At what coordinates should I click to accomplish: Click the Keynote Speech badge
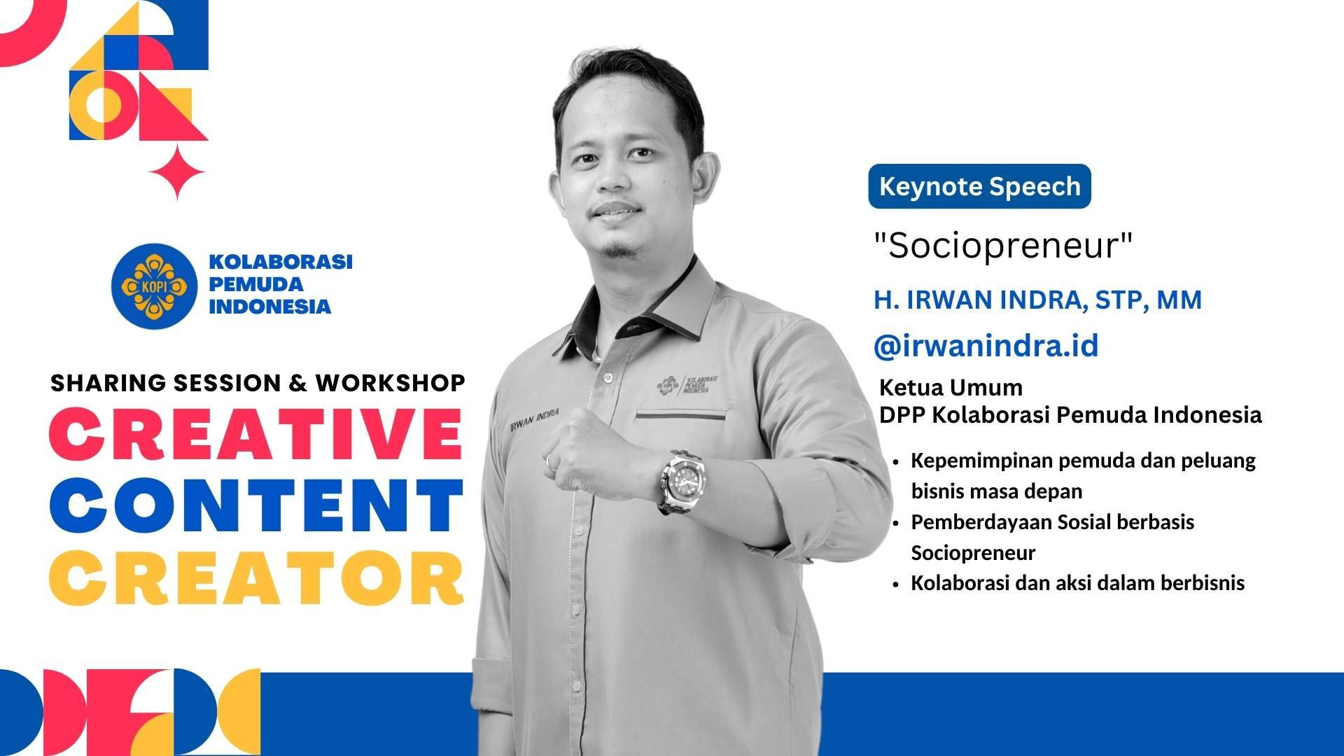coord(979,186)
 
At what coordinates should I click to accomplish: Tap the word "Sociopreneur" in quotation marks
coord(1003,245)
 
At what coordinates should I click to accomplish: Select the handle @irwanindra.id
coord(986,346)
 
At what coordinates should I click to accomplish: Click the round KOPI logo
coord(154,286)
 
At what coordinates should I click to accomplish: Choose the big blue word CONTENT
coord(256,505)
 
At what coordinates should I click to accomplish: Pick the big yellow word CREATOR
coord(256,578)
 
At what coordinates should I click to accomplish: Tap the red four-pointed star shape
coord(177,172)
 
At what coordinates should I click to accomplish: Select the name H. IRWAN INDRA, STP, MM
coord(1037,300)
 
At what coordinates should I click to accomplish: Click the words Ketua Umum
coord(951,387)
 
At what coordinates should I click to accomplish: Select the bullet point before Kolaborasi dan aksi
coord(896,584)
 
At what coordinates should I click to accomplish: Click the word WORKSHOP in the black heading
coord(390,383)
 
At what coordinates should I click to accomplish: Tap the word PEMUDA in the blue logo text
coord(256,284)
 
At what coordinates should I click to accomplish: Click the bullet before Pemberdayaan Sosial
coord(896,523)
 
